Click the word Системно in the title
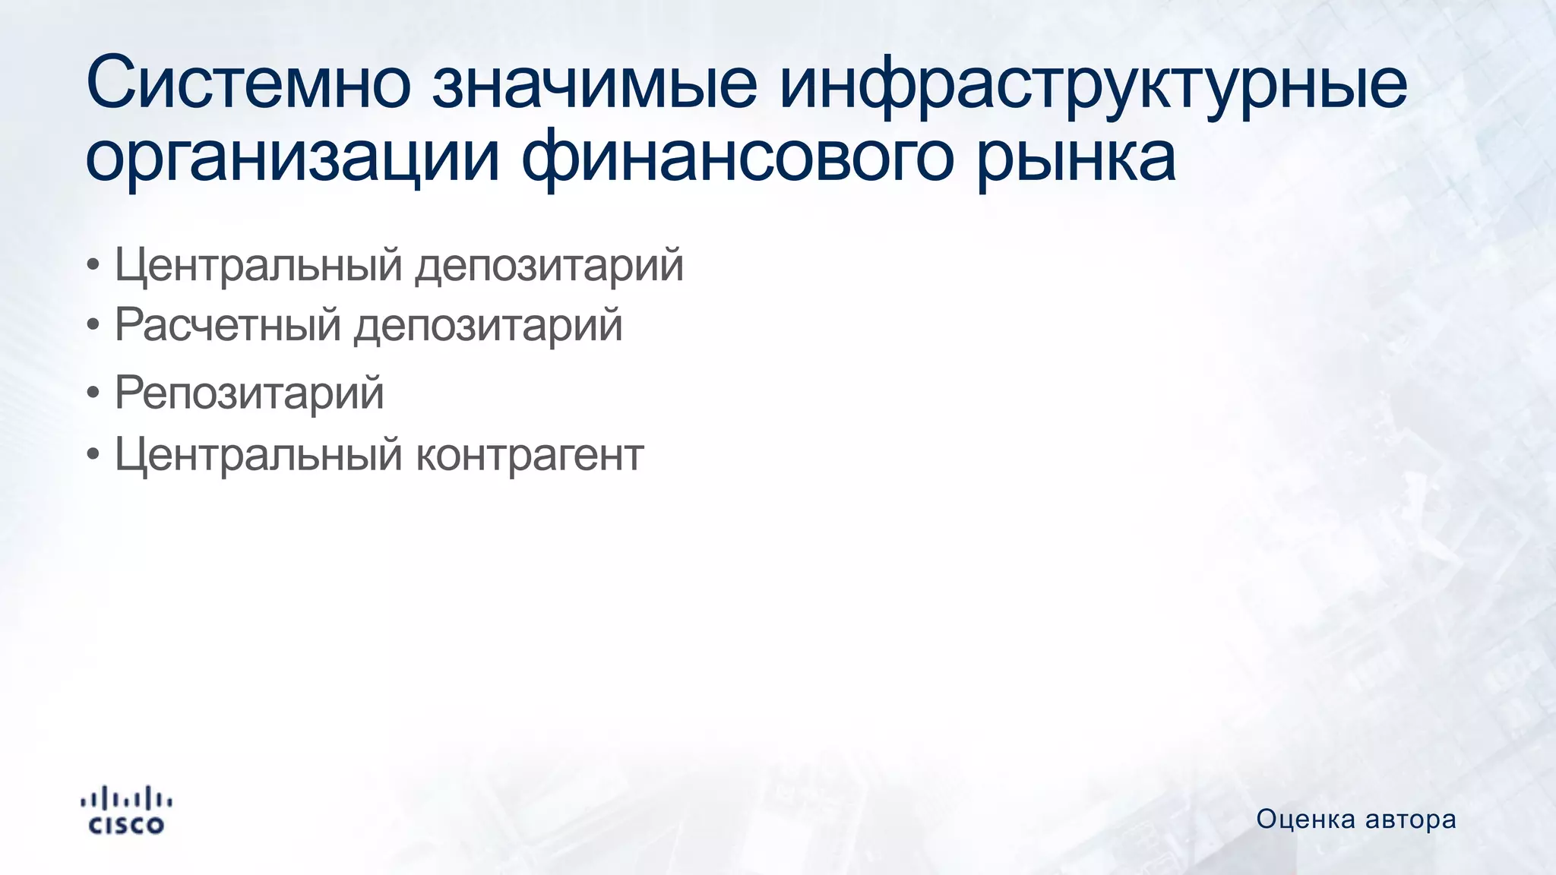[x=248, y=82]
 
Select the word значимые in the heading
[x=595, y=82]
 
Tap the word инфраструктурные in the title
[x=1093, y=82]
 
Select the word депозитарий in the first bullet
[x=549, y=265]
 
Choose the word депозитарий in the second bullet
[x=489, y=325]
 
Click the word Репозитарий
[x=249, y=393]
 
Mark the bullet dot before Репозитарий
[x=93, y=394]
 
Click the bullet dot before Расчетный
[x=93, y=326]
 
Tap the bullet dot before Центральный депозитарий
[x=93, y=266]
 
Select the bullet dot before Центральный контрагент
[x=93, y=455]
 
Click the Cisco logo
[x=126, y=810]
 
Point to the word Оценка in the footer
[x=1305, y=820]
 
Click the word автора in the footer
[x=1411, y=820]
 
